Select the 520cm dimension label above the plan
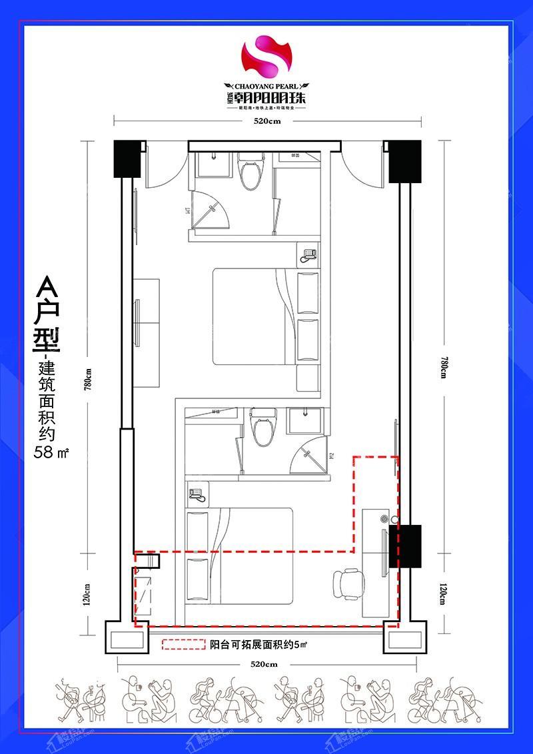(x=266, y=121)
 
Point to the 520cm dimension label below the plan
(x=265, y=664)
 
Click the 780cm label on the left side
(x=88, y=381)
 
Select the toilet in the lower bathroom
(x=263, y=428)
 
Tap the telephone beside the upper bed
(x=308, y=254)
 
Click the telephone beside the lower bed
(x=197, y=494)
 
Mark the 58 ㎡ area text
(x=52, y=454)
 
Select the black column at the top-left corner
(x=127, y=159)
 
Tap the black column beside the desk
(x=406, y=546)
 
